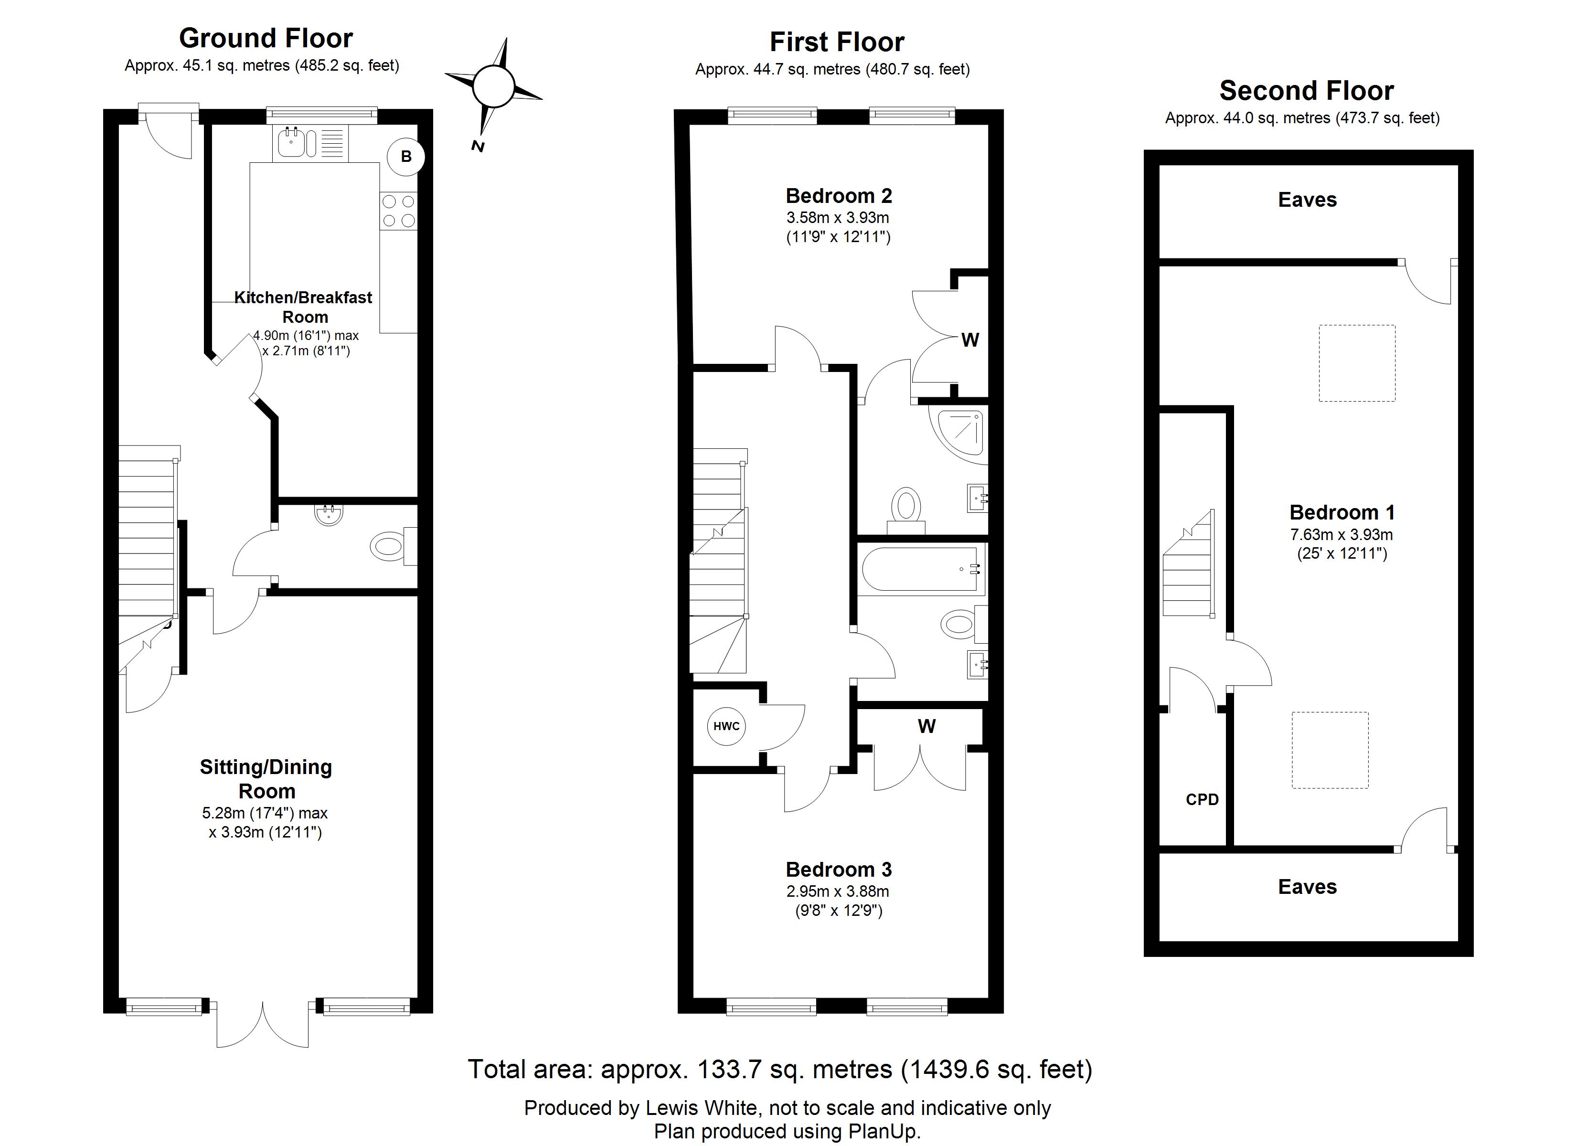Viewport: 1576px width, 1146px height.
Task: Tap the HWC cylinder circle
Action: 726,726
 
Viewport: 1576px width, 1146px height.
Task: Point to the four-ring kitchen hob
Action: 399,211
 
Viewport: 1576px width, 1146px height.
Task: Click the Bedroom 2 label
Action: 839,196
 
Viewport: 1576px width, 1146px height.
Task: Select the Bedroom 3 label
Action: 839,870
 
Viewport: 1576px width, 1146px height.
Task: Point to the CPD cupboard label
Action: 1202,799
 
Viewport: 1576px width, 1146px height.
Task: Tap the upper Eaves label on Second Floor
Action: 1307,200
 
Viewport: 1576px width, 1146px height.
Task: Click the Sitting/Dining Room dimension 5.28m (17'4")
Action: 265,812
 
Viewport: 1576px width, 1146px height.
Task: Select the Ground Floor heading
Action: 266,38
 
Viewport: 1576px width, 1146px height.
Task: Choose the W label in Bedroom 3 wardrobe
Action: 926,726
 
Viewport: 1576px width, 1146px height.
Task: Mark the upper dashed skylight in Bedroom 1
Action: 1356,363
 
